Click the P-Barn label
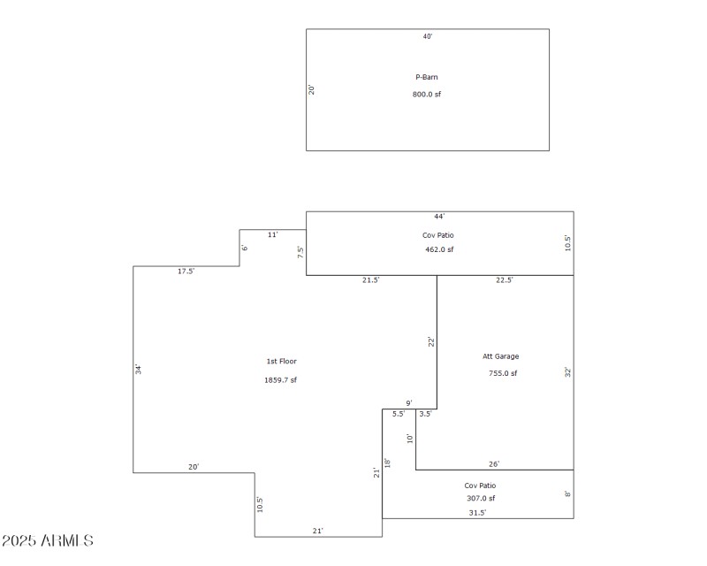[427, 77]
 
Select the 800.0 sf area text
[427, 94]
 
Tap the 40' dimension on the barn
[428, 37]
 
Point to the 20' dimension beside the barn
[312, 89]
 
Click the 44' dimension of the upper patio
[439, 217]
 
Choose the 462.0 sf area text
[439, 249]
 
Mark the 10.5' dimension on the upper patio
[567, 242]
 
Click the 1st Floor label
[281, 361]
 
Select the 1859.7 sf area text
[281, 380]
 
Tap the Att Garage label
[500, 356]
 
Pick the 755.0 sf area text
[503, 373]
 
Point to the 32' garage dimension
[567, 372]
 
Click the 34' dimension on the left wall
[139, 369]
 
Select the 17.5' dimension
[186, 272]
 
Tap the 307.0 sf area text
[481, 498]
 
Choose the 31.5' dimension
[477, 512]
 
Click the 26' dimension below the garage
[494, 464]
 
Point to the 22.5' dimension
[505, 279]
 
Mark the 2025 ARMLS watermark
[48, 540]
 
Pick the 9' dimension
[409, 403]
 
